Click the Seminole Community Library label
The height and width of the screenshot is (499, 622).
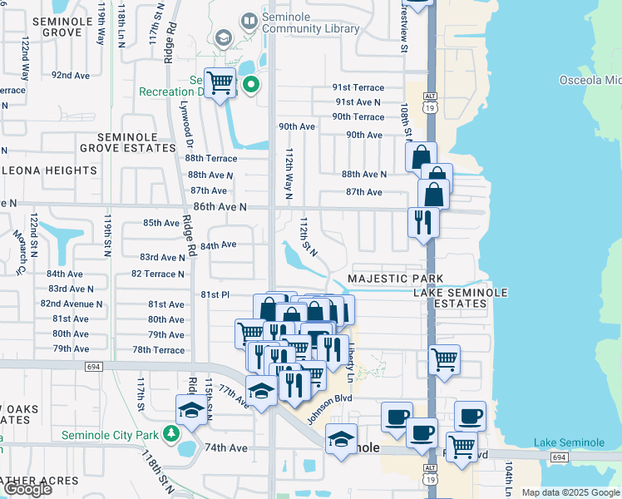point(311,22)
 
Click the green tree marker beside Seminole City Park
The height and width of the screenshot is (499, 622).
point(170,433)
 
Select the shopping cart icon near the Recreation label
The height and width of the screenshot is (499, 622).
point(220,82)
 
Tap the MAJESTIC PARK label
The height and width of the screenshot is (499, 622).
point(395,279)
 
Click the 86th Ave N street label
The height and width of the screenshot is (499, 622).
point(220,206)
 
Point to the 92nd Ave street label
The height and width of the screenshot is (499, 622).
point(71,75)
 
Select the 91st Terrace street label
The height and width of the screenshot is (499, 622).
point(358,87)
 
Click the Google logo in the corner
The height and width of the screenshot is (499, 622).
point(28,489)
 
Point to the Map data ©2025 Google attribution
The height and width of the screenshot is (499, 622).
point(570,492)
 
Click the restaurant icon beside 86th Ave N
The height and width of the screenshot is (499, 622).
point(423,222)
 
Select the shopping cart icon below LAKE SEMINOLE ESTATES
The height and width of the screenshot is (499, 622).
point(445,360)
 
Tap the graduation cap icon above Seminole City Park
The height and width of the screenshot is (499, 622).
point(190,409)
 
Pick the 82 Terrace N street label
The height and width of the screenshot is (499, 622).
point(157,274)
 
